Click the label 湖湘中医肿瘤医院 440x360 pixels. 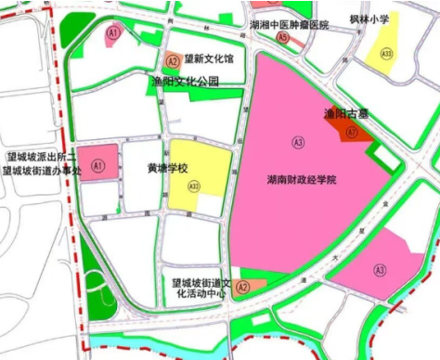click(289, 25)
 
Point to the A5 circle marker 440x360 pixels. click(282, 38)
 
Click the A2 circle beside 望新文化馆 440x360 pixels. click(173, 60)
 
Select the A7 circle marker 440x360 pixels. click(351, 133)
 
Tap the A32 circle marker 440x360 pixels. click(194, 186)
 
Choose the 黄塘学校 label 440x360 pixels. click(167, 169)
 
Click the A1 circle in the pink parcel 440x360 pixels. click(97, 164)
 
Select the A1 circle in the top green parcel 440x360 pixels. click(113, 33)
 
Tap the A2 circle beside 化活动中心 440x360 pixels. click(242, 288)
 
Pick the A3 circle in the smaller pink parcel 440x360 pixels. click(379, 270)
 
